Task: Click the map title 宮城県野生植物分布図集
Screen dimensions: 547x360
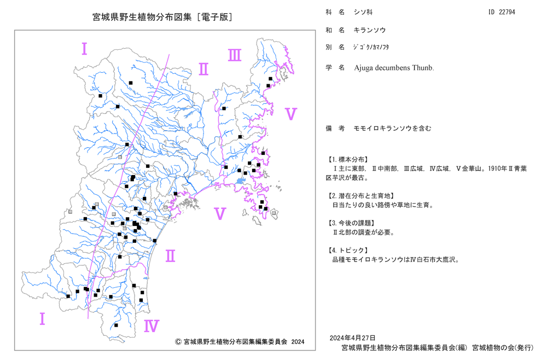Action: [142, 17]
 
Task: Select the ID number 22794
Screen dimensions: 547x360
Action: [507, 12]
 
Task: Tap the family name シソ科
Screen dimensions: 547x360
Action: [363, 12]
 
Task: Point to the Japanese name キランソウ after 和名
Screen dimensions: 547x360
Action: [370, 30]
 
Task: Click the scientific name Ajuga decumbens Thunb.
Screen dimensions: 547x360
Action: [394, 68]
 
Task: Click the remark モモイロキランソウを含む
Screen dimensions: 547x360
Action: [392, 129]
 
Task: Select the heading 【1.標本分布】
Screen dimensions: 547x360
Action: [347, 159]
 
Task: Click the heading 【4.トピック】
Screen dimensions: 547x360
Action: [347, 250]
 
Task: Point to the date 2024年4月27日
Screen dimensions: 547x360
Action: [353, 338]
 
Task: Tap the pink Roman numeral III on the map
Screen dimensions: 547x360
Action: [235, 55]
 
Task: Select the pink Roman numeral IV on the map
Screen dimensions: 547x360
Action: [152, 326]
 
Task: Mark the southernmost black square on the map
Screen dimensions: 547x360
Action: [116, 325]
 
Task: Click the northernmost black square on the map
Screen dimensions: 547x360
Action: [270, 79]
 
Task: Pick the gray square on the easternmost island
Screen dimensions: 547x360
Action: [274, 213]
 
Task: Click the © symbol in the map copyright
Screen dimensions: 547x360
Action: [178, 341]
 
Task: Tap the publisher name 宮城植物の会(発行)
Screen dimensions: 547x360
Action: [503, 348]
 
